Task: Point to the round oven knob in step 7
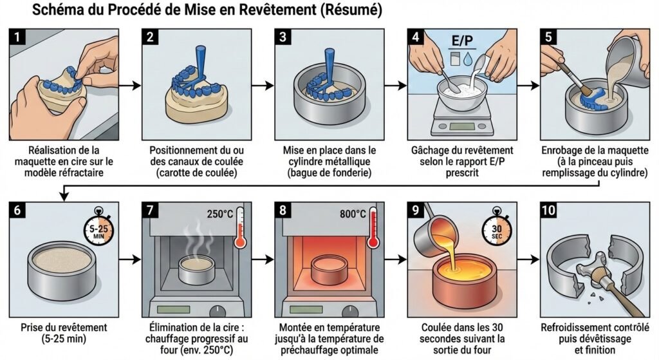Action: (227, 308)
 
